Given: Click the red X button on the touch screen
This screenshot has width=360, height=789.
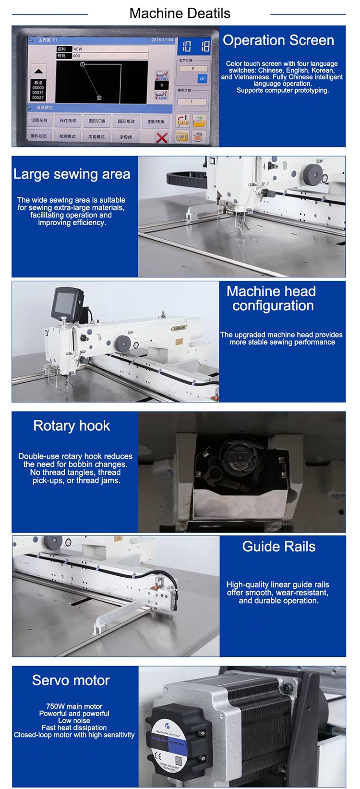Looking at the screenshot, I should coord(162,137).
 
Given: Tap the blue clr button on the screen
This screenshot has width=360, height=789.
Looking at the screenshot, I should coord(202,78).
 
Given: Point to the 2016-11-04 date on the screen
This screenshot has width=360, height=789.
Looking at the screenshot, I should coord(162,40).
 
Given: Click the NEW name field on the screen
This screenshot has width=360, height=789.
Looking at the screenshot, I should coord(109,49).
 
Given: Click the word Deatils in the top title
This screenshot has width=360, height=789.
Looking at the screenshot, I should coord(208,13).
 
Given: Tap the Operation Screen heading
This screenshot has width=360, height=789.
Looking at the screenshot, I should coord(278,40).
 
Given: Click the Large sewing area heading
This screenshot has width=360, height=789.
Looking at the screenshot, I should coord(72,174).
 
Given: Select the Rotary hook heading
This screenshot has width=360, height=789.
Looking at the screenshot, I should coord(72,426).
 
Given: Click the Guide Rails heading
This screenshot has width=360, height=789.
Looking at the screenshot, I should coord(278,546).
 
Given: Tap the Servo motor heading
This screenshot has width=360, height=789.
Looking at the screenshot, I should coord(71,680).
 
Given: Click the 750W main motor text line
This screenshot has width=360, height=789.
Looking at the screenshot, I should coord(74,706).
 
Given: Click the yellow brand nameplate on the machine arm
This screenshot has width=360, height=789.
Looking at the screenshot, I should coord(179,328).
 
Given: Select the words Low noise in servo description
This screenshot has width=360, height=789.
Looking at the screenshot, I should coord(74,720).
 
